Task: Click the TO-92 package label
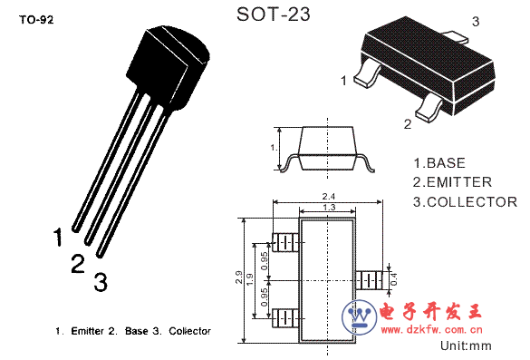[x=36, y=20]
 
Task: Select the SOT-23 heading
[x=273, y=15]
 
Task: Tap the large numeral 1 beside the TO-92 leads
[x=59, y=238]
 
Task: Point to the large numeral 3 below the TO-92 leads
[x=101, y=282]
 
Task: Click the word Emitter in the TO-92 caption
[x=87, y=331]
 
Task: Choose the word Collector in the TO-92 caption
[x=189, y=331]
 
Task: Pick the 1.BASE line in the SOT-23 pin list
[x=439, y=163]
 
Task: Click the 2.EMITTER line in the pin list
[x=452, y=182]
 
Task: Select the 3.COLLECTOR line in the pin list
[x=465, y=202]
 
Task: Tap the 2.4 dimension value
[x=328, y=196]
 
